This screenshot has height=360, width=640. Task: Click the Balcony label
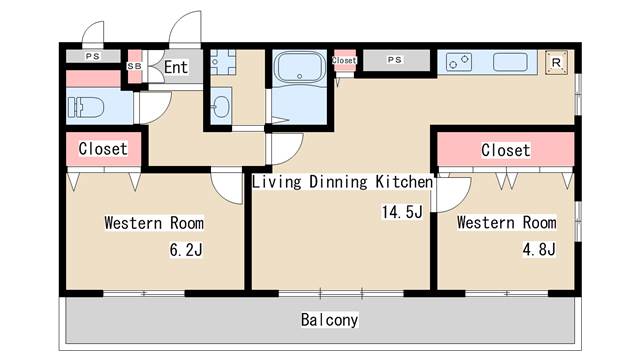click(329, 321)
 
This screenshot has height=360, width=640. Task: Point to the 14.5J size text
click(401, 212)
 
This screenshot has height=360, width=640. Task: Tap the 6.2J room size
click(186, 248)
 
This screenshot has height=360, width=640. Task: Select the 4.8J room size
click(537, 248)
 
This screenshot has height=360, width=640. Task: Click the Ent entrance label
click(176, 68)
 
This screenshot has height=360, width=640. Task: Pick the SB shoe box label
click(135, 66)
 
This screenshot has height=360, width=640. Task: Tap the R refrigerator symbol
click(556, 62)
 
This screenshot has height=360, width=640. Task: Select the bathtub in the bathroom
click(296, 71)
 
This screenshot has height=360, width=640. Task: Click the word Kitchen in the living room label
click(403, 182)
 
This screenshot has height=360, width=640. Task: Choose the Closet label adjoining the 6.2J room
click(102, 149)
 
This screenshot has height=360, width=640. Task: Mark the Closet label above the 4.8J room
click(505, 150)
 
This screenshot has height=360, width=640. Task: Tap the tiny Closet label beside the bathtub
click(344, 60)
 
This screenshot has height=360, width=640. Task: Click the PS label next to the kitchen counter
click(395, 60)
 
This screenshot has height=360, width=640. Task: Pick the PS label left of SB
click(92, 57)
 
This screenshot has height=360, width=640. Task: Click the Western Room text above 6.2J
click(154, 222)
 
